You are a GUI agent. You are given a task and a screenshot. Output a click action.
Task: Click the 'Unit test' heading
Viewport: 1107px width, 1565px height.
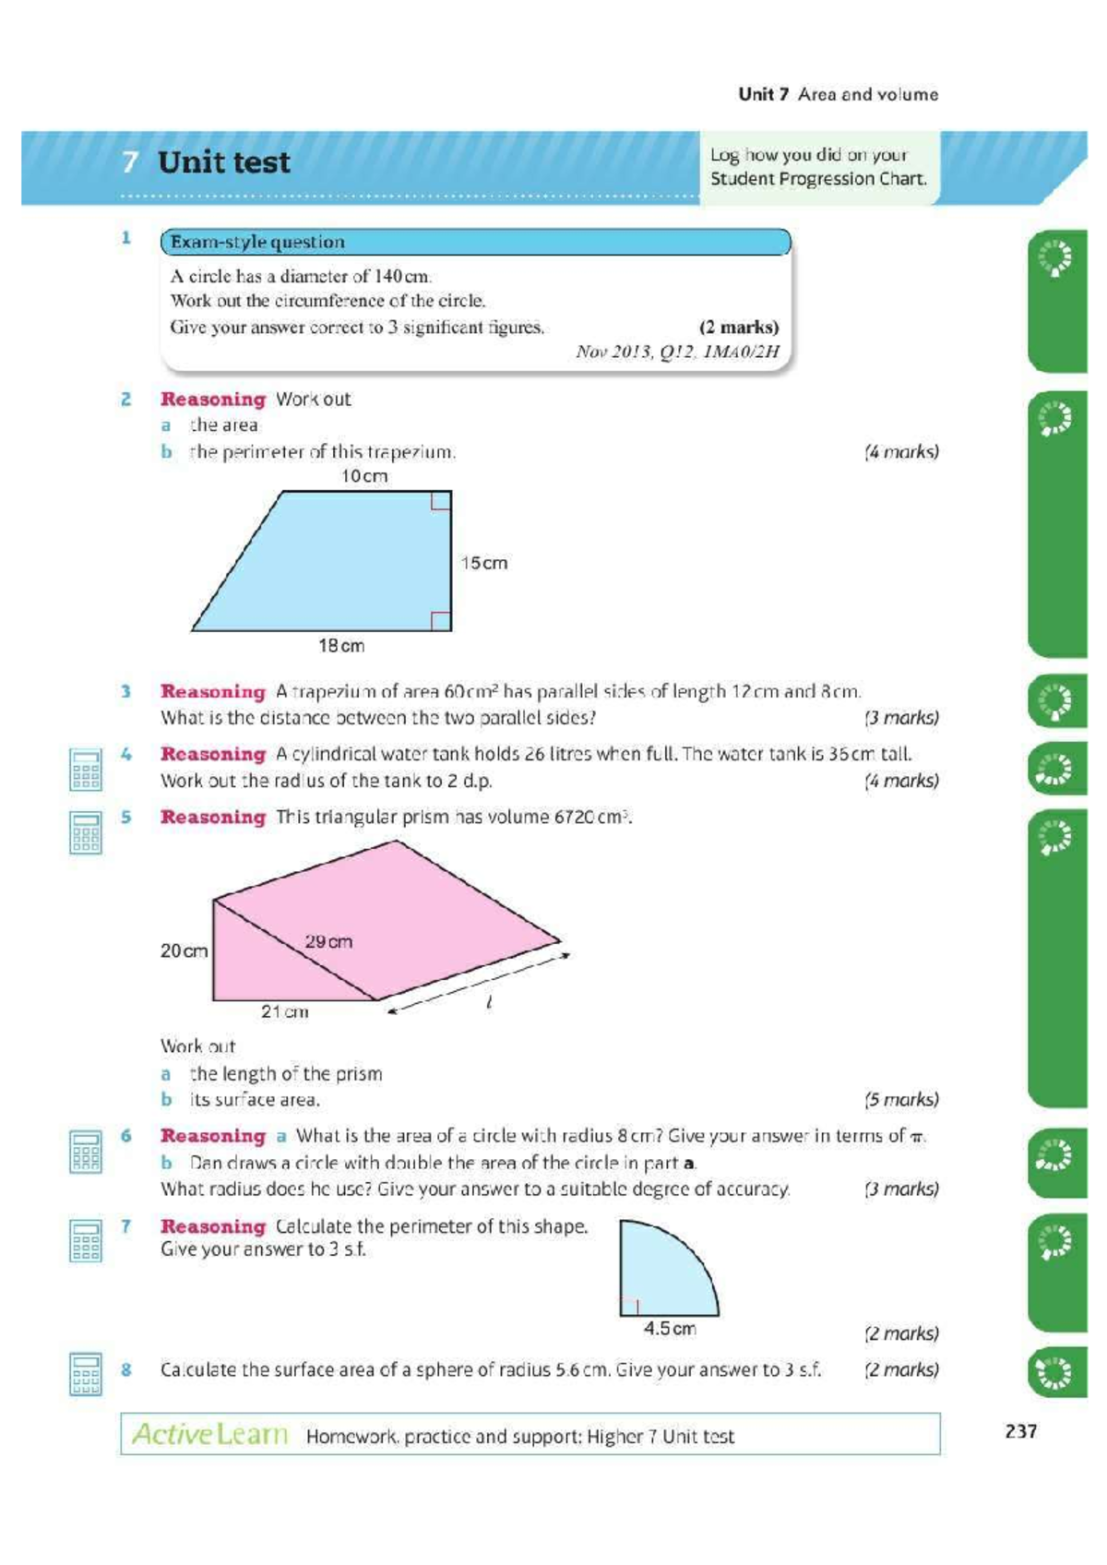223,162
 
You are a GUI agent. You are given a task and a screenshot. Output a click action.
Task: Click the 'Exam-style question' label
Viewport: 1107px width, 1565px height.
257,242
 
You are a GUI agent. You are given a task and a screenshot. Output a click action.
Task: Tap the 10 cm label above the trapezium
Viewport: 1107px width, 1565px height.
364,476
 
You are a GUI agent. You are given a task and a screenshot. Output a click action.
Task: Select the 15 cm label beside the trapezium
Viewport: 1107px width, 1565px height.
484,563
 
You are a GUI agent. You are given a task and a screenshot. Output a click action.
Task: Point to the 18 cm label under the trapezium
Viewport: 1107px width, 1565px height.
341,646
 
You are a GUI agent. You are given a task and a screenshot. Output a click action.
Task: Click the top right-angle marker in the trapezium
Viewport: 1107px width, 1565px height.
441,501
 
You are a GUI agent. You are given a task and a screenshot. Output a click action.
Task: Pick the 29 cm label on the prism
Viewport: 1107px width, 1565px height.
328,942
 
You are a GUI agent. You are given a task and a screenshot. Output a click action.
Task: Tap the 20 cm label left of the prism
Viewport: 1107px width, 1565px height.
184,950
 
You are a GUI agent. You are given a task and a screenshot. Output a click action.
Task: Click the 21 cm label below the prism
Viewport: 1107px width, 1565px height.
284,1011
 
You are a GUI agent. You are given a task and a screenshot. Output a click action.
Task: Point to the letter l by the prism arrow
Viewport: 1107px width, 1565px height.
489,1001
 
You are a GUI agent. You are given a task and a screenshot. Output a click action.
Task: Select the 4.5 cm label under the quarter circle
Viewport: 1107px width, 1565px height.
670,1329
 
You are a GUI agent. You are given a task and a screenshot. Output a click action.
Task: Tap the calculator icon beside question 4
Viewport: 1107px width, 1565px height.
86,769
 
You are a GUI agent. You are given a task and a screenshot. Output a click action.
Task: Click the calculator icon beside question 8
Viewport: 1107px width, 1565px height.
86,1373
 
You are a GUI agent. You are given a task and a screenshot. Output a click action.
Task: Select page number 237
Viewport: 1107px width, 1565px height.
1021,1431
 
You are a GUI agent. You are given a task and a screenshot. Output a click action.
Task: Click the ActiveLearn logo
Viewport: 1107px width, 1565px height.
210,1434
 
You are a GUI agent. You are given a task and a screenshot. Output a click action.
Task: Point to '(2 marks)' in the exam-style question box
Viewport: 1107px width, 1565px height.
738,327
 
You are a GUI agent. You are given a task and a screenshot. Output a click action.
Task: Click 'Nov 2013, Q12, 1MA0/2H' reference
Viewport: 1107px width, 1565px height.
677,352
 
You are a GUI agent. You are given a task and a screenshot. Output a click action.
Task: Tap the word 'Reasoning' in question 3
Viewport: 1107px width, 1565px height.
212,691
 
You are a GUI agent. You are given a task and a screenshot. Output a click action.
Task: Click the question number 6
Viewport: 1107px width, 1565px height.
126,1136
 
